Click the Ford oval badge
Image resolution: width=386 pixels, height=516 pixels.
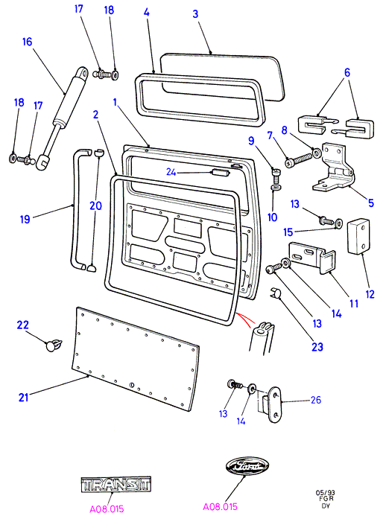click(247, 466)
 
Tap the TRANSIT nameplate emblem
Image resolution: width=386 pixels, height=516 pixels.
click(116, 485)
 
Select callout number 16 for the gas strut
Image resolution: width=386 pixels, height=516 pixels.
click(28, 42)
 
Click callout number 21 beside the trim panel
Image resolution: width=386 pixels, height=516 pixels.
click(23, 397)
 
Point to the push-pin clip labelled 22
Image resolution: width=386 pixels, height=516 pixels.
click(53, 344)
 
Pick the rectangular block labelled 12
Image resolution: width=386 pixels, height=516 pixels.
click(358, 237)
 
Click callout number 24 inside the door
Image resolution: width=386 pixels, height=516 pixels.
click(171, 172)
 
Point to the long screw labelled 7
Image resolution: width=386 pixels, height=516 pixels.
click(298, 160)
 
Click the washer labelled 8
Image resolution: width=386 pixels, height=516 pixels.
click(317, 153)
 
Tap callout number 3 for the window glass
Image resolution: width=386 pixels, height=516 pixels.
click(195, 14)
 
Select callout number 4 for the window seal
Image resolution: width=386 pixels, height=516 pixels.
click(147, 13)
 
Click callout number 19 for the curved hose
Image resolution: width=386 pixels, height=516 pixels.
click(25, 219)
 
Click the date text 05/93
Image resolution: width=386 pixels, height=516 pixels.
click(325, 493)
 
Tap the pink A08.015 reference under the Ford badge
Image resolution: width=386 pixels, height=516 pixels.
click(220, 506)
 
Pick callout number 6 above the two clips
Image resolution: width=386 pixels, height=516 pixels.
click(347, 72)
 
